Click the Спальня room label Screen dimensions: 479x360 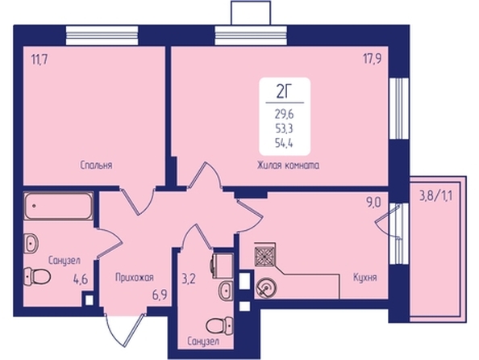click(x=96, y=165)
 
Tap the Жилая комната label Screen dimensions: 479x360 click(x=288, y=165)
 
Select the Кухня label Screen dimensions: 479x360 click(x=365, y=278)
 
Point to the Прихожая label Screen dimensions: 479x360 click(x=135, y=278)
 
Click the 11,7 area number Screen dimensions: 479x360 click(x=40, y=60)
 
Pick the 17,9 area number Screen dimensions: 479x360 click(x=372, y=59)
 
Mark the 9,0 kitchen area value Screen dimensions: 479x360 click(x=373, y=203)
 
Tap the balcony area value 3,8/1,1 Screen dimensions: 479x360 click(x=436, y=195)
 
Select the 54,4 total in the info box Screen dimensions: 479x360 click(x=284, y=143)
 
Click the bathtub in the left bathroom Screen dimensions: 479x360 click(x=58, y=206)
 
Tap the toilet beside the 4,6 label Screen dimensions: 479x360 click(x=37, y=277)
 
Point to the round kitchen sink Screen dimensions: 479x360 click(x=266, y=288)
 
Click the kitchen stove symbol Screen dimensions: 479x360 click(x=264, y=254)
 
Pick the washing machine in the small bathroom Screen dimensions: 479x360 click(x=222, y=264)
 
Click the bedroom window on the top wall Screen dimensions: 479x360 click(x=102, y=36)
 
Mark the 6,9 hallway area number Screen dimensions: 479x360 click(x=160, y=296)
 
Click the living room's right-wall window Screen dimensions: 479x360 click(x=399, y=109)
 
